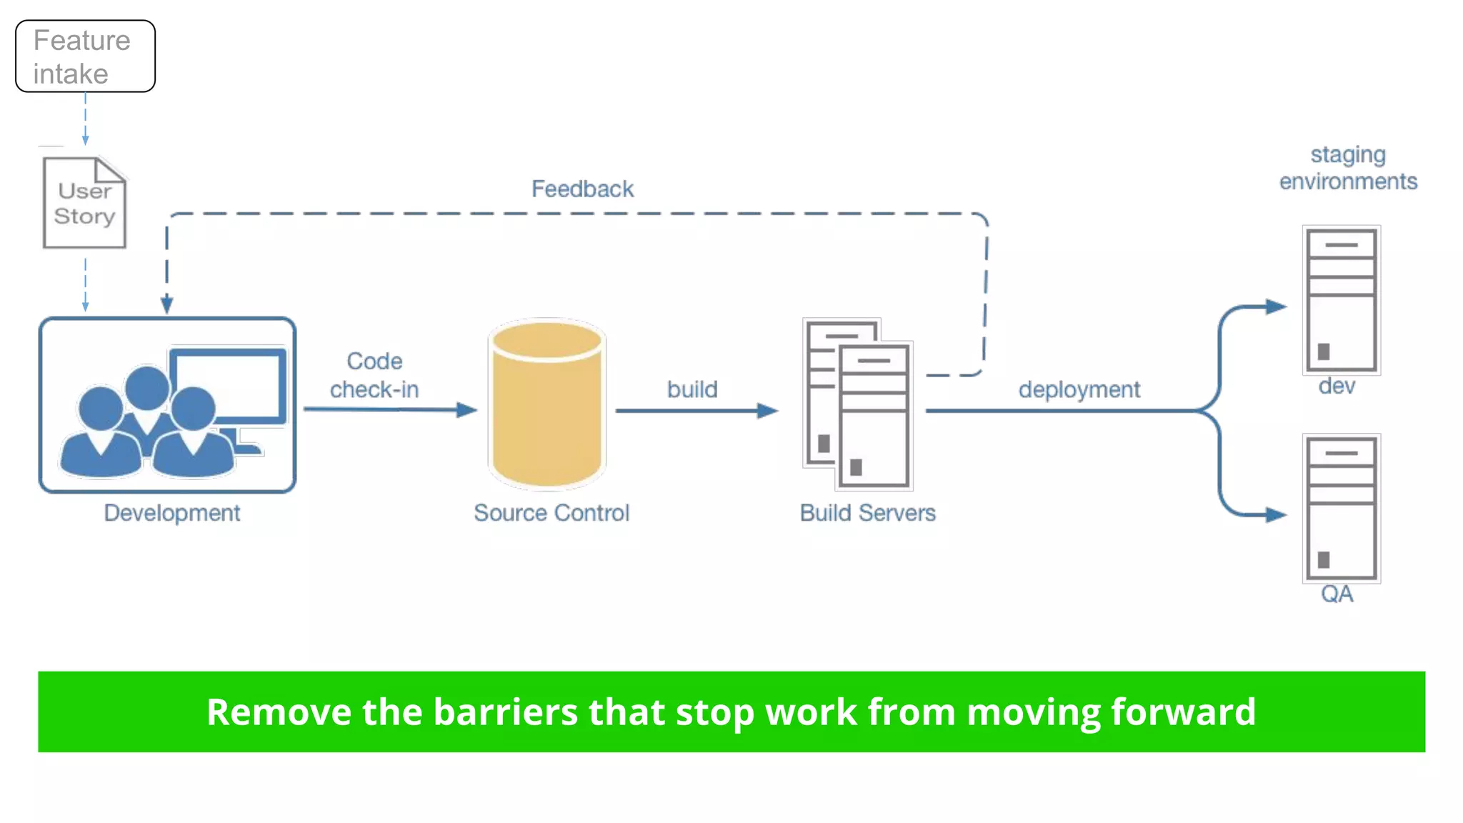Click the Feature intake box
point(85,56)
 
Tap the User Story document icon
point(84,204)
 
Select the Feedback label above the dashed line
point(582,189)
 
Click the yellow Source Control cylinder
point(547,405)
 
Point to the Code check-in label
point(374,375)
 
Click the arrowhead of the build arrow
point(768,411)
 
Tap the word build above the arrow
point(692,389)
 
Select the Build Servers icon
point(858,404)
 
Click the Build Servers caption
point(867,513)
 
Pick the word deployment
point(1079,390)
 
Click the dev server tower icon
point(1341,300)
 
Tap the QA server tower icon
point(1341,509)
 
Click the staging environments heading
point(1348,168)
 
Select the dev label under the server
point(1337,386)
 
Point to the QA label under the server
point(1337,594)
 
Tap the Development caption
point(171,513)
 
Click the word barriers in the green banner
point(505,712)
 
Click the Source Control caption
point(551,513)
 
